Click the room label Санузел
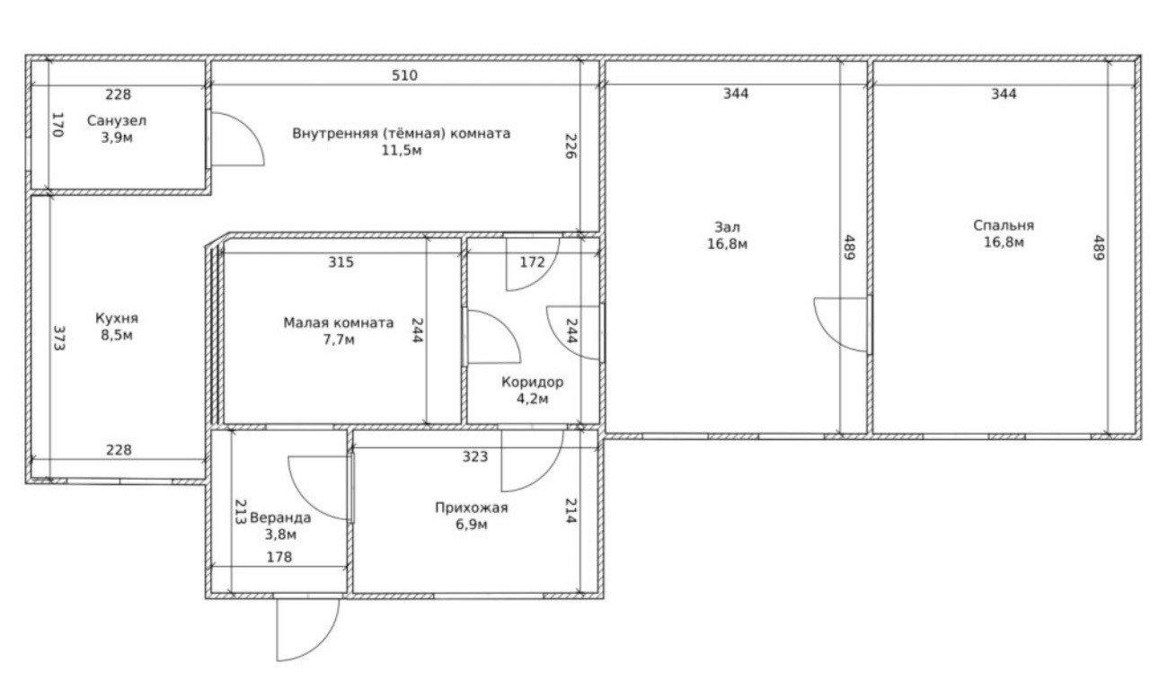point(117,120)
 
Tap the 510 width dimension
point(404,75)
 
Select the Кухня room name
point(117,318)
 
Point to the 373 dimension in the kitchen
point(59,338)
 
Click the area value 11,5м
point(402,151)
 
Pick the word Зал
point(727,226)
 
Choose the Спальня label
point(1004,225)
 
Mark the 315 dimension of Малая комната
point(341,262)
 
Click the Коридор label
point(532,383)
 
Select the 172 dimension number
point(532,262)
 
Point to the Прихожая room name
point(471,508)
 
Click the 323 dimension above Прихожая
point(474,456)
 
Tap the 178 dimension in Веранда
point(279,557)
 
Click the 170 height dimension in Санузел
point(58,125)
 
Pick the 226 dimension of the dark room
point(571,146)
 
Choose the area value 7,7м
point(339,340)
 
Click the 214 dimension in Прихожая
point(571,511)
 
